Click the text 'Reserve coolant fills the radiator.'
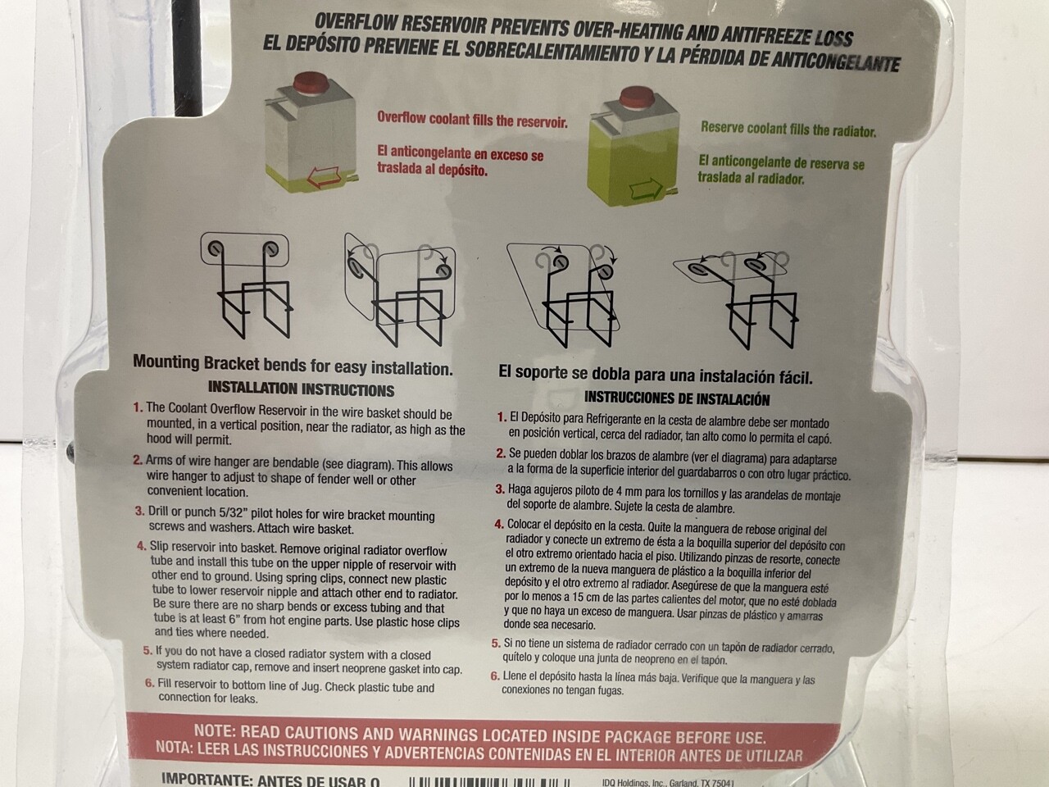pyautogui.click(x=788, y=130)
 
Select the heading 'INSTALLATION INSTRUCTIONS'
pyautogui.click(x=301, y=390)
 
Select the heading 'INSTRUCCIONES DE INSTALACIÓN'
pyautogui.click(x=677, y=399)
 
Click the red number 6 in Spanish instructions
pyautogui.click(x=495, y=677)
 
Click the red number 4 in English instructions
pyautogui.click(x=141, y=544)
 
